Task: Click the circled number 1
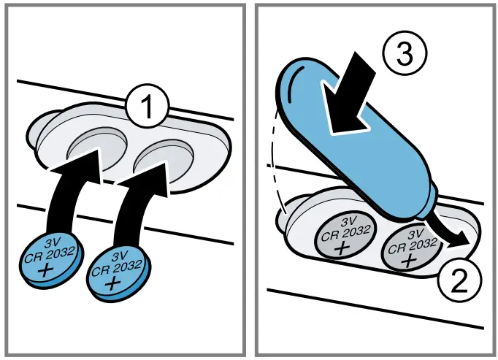146,108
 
